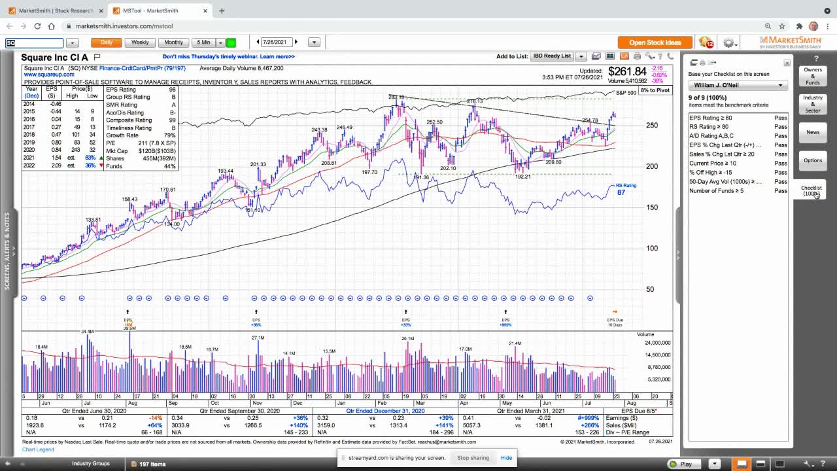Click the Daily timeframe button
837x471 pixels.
pos(107,43)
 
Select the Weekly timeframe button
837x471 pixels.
pos(140,43)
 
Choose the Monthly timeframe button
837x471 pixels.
pos(173,43)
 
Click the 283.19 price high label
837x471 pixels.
pos(396,97)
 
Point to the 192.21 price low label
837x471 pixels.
pos(522,177)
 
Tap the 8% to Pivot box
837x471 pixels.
pos(655,90)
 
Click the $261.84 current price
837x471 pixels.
pos(626,71)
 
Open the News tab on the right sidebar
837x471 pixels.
pos(812,132)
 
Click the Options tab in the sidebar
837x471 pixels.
pos(812,160)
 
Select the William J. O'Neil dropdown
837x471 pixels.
pos(738,85)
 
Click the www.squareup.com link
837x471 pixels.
pos(49,75)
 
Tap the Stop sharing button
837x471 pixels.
pos(473,458)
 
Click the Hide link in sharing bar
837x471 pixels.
pos(506,458)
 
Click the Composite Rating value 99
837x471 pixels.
pos(173,120)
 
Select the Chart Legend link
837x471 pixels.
pos(38,449)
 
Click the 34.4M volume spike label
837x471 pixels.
pos(87,332)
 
